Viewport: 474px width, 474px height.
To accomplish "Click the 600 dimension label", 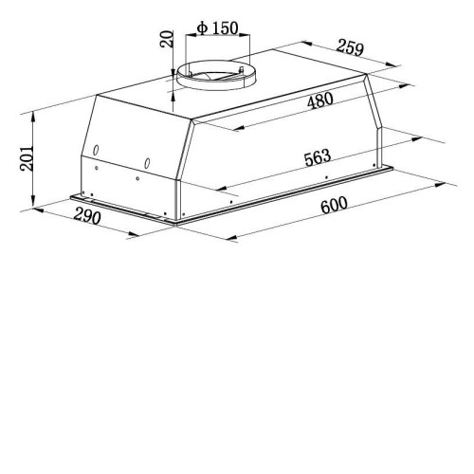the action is (x=334, y=205).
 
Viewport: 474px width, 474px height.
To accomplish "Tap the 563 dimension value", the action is (x=318, y=157).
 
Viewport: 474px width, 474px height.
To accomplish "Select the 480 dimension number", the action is (x=320, y=100).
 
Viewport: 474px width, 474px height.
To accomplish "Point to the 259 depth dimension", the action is (x=350, y=47).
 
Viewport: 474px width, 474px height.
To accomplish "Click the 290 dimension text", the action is (x=87, y=216).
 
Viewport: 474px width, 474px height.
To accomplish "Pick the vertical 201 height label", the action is (x=27, y=158).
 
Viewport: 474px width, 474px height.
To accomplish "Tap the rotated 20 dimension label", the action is (x=167, y=39).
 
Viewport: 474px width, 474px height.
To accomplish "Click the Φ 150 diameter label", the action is (x=217, y=28).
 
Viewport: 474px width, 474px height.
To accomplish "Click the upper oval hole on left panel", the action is (x=96, y=150).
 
